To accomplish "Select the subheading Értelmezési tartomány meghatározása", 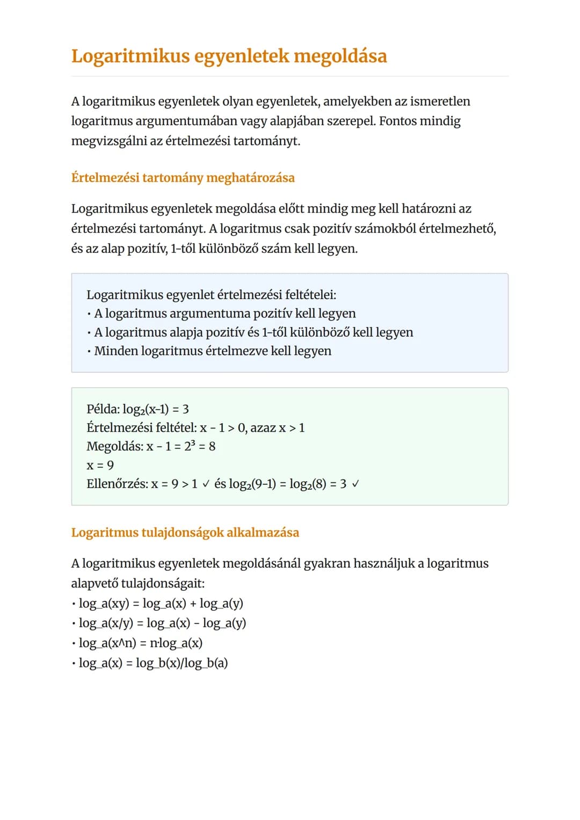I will (x=183, y=178).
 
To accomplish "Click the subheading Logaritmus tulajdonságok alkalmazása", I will (x=185, y=533).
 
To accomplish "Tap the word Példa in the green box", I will (x=103, y=409).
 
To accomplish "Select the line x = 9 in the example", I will (x=100, y=465).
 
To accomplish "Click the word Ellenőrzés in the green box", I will (x=117, y=484).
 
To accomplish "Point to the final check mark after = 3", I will (x=355, y=484).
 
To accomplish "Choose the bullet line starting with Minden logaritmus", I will (x=213, y=351).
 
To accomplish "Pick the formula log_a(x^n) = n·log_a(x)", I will (x=140, y=643).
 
